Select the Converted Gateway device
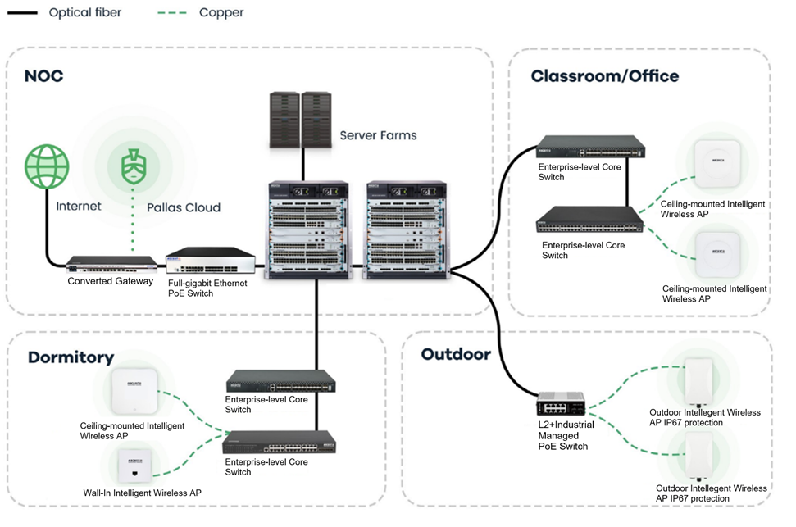[x=111, y=264]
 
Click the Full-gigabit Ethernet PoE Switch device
[x=210, y=261]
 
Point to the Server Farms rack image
[x=301, y=120]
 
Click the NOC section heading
[x=43, y=77]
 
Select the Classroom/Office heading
[x=604, y=76]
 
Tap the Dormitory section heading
[x=71, y=357]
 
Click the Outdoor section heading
[x=455, y=354]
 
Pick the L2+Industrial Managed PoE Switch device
[x=562, y=404]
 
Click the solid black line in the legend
[x=21, y=13]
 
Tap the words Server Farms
[x=378, y=135]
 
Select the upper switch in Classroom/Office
[x=590, y=151]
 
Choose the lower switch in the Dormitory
[x=278, y=443]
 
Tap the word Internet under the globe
[x=78, y=207]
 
